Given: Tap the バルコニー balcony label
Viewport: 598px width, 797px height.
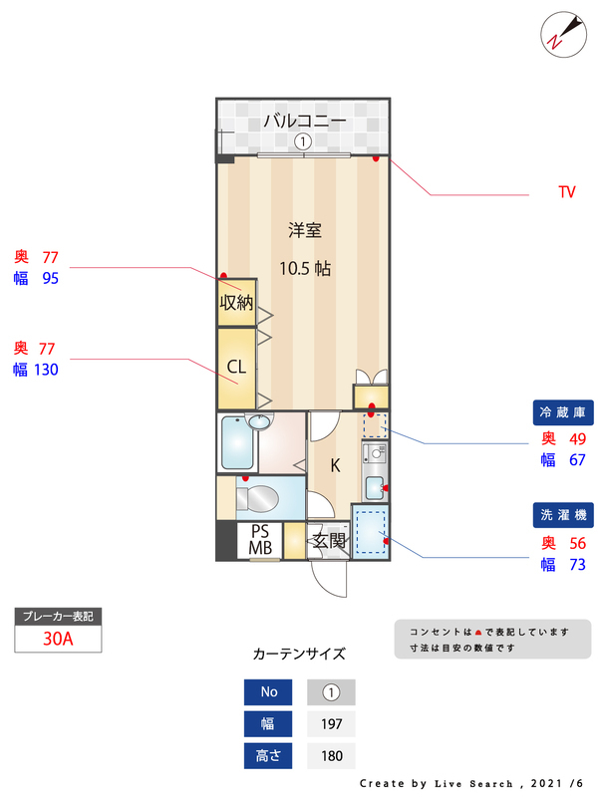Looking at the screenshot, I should click(x=304, y=122).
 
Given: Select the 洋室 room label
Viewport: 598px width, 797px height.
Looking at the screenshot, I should click(x=304, y=230).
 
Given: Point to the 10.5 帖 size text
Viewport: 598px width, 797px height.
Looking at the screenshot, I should click(x=304, y=268).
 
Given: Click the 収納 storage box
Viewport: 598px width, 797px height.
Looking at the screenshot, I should click(x=236, y=302).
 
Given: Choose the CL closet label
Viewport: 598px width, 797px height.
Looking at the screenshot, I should click(x=236, y=367).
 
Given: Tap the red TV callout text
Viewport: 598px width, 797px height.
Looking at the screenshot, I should click(x=566, y=192).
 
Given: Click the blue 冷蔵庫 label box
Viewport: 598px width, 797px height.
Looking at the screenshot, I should click(x=565, y=411).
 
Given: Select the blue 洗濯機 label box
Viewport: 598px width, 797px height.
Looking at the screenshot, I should click(x=565, y=515).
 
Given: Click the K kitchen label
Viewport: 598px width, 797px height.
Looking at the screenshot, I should click(x=335, y=465).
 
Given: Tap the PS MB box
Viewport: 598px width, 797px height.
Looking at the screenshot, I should click(x=260, y=539).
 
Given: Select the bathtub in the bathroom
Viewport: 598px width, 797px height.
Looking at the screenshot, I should click(x=236, y=443).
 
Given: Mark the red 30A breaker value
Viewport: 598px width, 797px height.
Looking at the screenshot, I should click(x=59, y=639).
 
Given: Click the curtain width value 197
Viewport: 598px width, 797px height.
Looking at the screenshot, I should click(x=331, y=723).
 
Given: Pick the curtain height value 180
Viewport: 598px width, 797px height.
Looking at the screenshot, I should click(x=331, y=756).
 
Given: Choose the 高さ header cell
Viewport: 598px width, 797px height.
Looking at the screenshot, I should click(x=269, y=756).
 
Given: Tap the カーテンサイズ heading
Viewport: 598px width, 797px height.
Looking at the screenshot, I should click(x=299, y=655).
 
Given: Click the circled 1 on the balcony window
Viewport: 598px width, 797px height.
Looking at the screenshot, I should click(x=301, y=142).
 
